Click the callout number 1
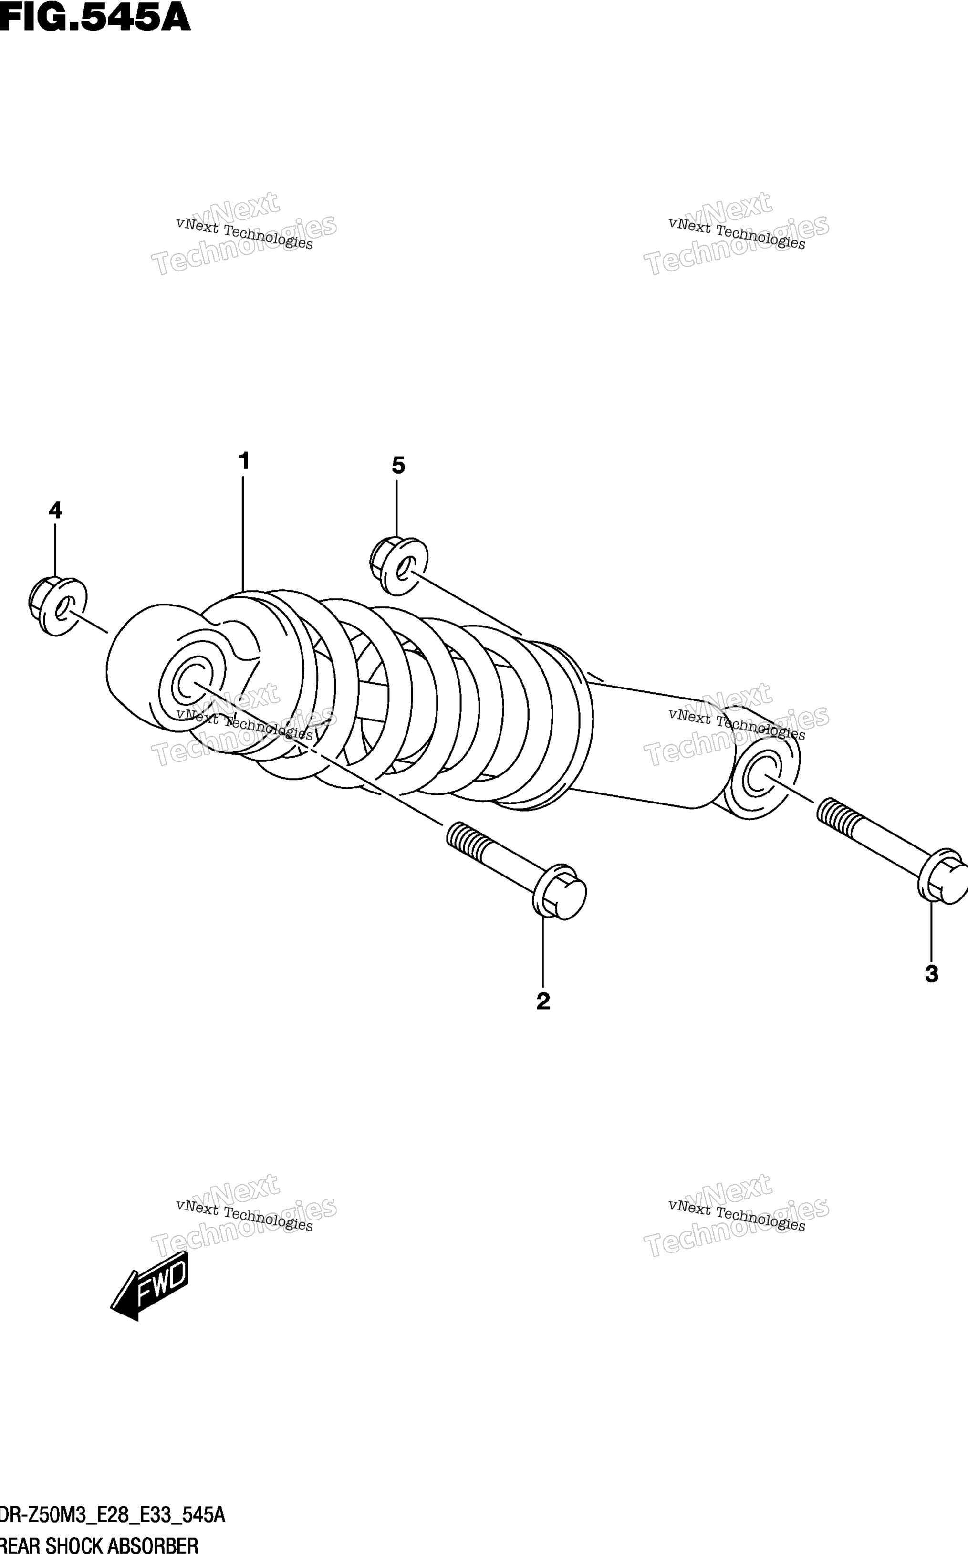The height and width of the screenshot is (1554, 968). pos(243,461)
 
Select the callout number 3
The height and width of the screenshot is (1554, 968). pos(932,974)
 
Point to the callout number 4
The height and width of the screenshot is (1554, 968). pos(56,511)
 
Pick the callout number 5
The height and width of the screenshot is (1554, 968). pos(398,466)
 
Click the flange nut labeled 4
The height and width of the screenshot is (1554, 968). pos(58,606)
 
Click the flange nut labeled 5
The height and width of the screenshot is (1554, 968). pos(399,566)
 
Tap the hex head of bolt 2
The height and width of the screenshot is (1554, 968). pos(560,892)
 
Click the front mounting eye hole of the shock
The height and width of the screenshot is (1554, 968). pos(190,682)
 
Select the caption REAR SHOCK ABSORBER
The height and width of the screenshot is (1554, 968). pos(99,1544)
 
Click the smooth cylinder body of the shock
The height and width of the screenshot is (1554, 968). pos(646,743)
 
